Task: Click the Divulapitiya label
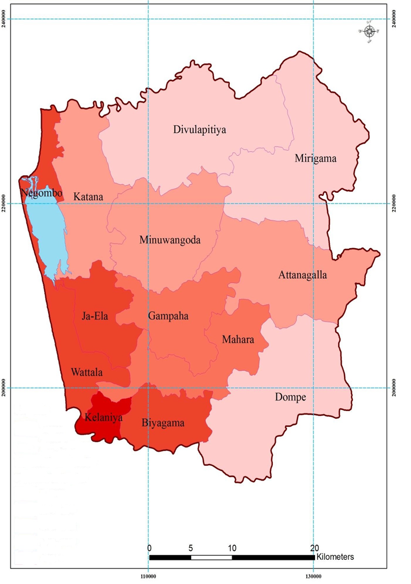coord(200,129)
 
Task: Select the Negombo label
coord(41,192)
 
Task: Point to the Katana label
coord(88,196)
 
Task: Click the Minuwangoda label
coord(170,240)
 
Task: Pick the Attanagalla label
coord(303,275)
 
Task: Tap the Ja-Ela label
coord(96,316)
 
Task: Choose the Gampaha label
coord(168,316)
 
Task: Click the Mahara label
coord(238,339)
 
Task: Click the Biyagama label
coord(163,423)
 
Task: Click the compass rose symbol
coord(370,32)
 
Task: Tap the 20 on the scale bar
coord(315,547)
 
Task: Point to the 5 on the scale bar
coord(191,547)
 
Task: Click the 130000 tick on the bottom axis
coord(314,576)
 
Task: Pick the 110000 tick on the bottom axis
coord(149,576)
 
